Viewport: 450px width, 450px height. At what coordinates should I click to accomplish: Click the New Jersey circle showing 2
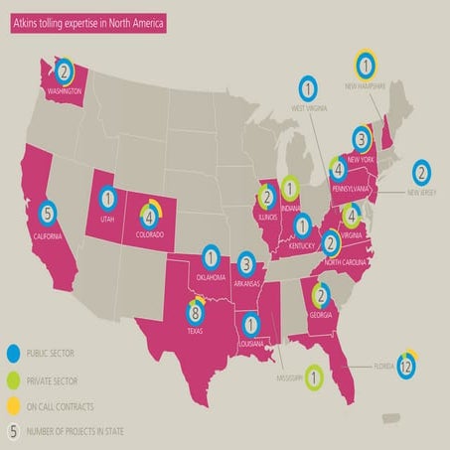coord(422,174)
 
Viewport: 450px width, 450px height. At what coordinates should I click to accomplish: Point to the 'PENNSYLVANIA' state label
coord(366,186)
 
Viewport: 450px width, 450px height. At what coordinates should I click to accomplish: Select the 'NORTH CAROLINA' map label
coord(348,250)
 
